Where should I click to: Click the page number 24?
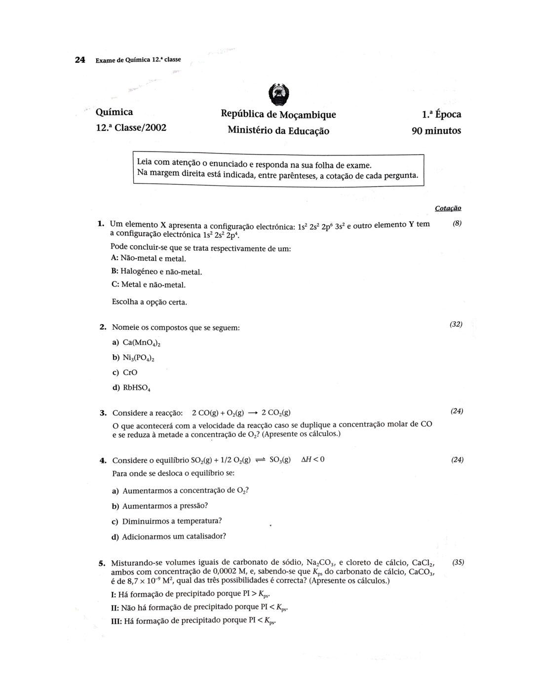[79, 60]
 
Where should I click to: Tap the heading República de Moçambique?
[278, 115]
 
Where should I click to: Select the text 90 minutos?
[436, 131]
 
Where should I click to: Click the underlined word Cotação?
[448, 208]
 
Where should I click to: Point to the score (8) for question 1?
[457, 224]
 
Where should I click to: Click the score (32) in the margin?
[456, 324]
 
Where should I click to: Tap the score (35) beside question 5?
[458, 562]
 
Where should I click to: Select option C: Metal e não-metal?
[149, 285]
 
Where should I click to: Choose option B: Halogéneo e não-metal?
[157, 271]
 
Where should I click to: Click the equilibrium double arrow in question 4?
[260, 460]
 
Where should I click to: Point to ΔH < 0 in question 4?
[312, 460]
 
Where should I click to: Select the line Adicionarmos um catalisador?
[174, 536]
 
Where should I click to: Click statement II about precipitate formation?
[200, 608]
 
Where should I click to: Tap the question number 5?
[102, 563]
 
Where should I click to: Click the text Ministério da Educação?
[278, 131]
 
